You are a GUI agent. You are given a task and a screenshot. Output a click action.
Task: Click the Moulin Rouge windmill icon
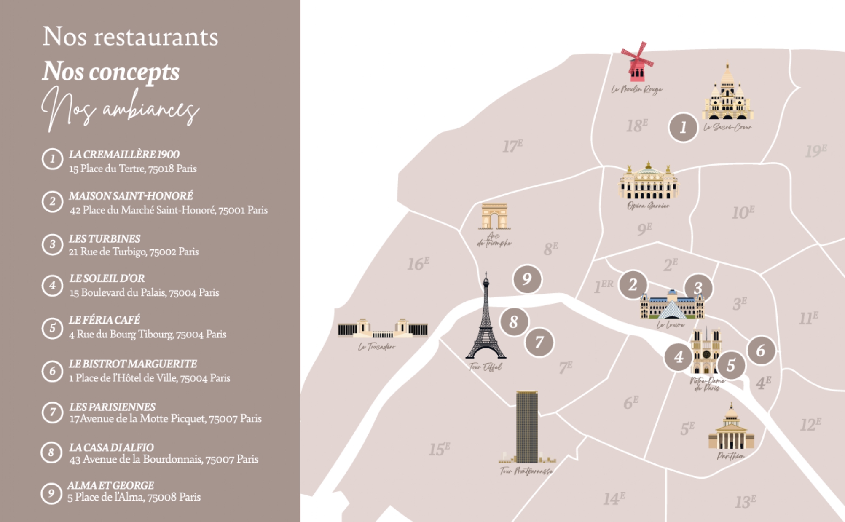[x=637, y=63]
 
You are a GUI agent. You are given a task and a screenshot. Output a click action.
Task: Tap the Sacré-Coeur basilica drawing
[x=727, y=95]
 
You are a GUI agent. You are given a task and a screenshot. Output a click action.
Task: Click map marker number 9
[x=527, y=279]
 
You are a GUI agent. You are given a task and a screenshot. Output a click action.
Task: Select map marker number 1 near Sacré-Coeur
[x=683, y=127]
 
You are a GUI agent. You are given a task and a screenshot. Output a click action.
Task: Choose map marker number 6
[x=761, y=351]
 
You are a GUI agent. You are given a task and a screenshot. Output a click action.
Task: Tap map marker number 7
[x=539, y=342]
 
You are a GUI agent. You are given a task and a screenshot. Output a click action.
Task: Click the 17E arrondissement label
[x=512, y=146]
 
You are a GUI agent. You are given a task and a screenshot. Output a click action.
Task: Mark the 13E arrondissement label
[x=745, y=501]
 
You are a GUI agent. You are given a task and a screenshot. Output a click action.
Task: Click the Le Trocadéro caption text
[x=377, y=347]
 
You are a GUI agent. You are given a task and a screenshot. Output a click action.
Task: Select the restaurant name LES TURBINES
[x=105, y=239]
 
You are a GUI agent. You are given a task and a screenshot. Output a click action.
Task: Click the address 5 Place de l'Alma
[x=134, y=498]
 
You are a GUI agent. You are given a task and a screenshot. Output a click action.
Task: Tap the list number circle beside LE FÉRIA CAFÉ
[x=52, y=328]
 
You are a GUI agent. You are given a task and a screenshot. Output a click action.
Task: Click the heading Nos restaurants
[x=130, y=37]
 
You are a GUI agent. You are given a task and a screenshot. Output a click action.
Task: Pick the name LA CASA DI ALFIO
[x=112, y=447]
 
